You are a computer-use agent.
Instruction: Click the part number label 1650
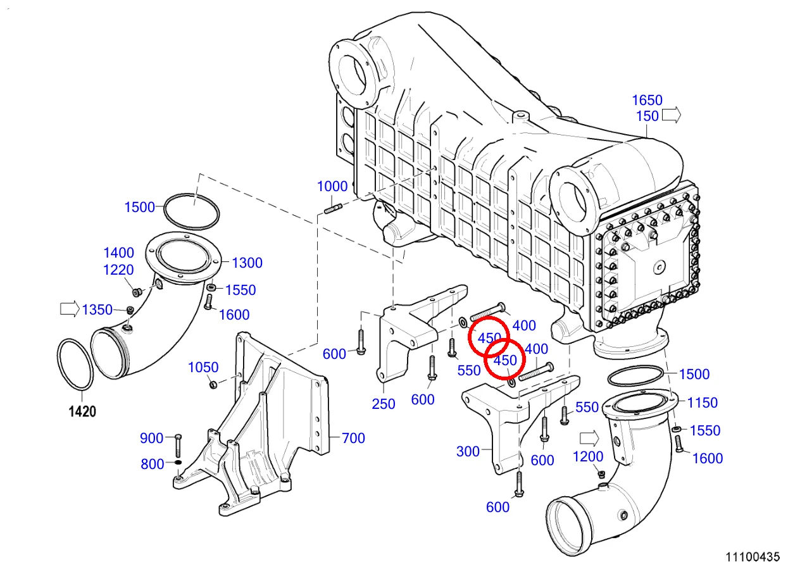647,100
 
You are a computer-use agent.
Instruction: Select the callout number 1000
332,187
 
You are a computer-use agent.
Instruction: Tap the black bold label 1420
82,411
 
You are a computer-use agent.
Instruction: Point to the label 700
353,438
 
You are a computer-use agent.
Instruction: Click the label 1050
203,367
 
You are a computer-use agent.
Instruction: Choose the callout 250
384,404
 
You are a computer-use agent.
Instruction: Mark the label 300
468,451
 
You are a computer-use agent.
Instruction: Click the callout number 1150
702,403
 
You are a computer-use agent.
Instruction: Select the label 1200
588,457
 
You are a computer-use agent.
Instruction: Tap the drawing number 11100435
753,557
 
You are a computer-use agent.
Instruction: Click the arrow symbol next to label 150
671,115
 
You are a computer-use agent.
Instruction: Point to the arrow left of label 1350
70,309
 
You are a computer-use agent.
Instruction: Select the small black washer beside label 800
178,462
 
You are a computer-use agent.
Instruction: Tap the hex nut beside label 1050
213,385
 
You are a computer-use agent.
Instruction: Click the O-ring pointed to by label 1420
75,365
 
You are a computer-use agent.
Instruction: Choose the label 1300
247,263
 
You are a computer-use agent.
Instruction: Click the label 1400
118,253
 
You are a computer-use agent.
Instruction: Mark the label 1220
118,270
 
